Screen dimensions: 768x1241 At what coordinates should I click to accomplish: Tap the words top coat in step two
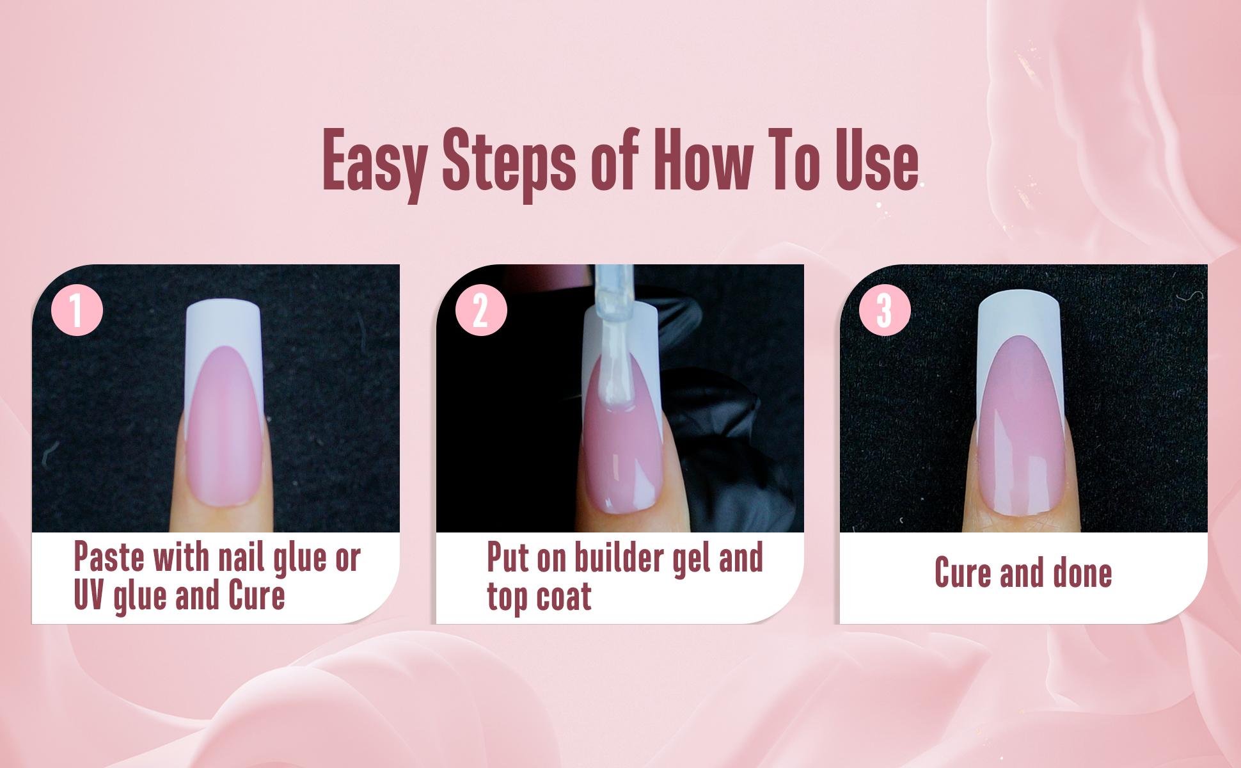[539, 596]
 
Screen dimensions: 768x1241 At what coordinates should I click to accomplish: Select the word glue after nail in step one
[303, 558]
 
